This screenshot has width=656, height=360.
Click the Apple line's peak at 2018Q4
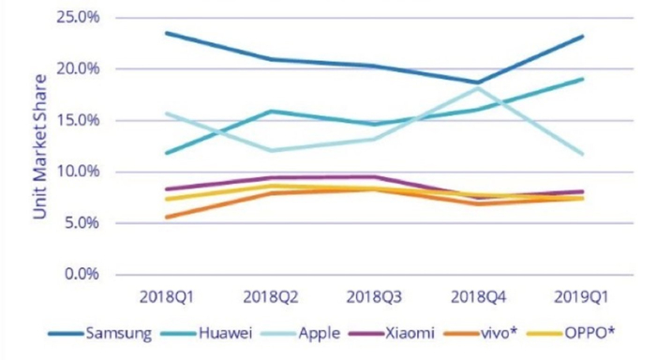pos(478,88)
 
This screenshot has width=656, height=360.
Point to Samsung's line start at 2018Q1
pos(165,33)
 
